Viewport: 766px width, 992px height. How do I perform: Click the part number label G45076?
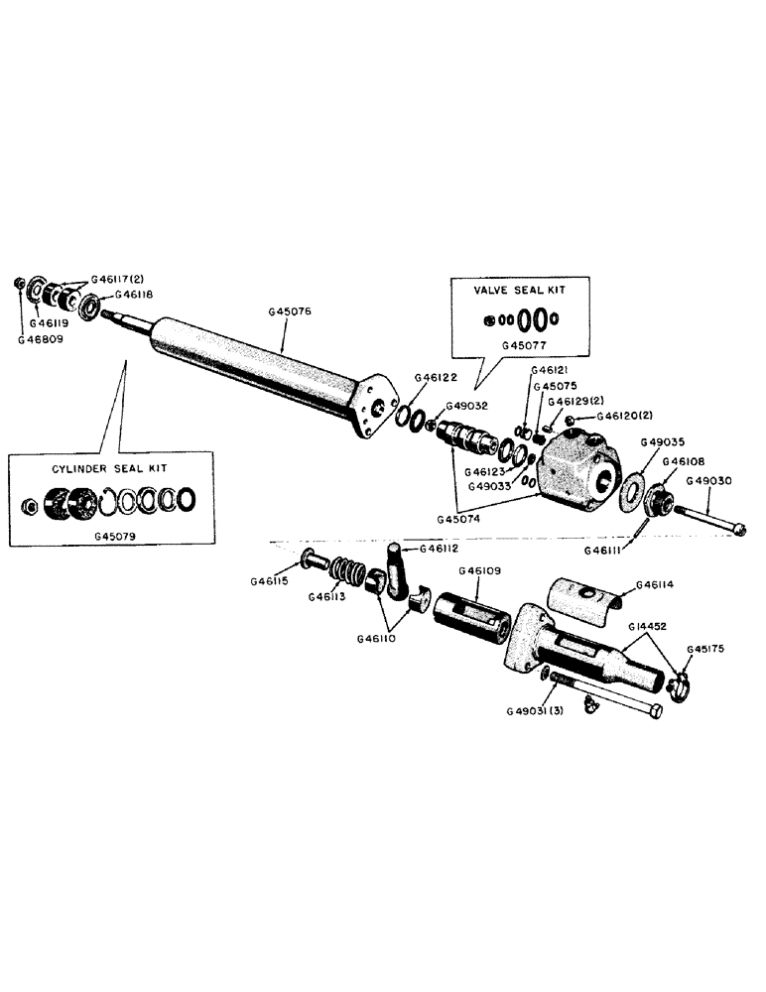tap(289, 311)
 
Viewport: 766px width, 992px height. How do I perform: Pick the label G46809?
tap(39, 339)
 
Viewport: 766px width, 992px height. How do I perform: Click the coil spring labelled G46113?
tap(349, 572)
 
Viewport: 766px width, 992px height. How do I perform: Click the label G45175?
tap(706, 650)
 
